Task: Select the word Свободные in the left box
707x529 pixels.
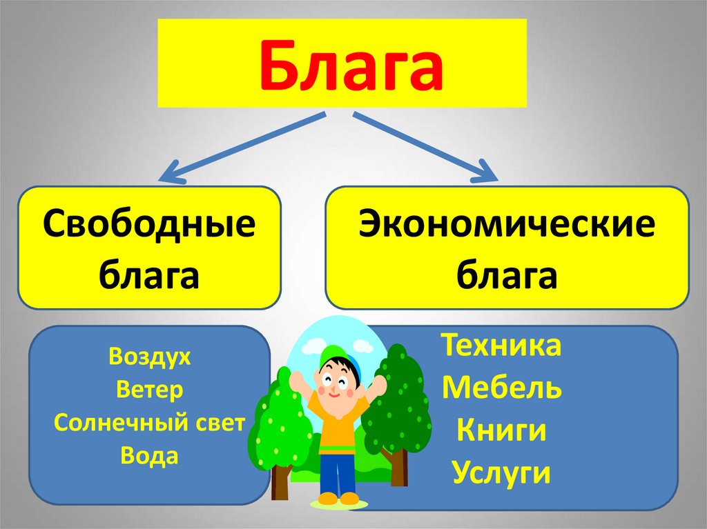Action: pos(149,226)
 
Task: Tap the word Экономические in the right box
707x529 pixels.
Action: pos(507,226)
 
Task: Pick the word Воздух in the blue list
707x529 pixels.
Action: pos(149,359)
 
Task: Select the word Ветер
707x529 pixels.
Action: pos(149,390)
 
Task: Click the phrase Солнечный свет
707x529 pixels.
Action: pos(149,423)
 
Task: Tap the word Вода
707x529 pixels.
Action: pos(149,455)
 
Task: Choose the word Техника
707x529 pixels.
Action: pos(502,346)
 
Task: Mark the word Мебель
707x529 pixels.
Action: pos(502,388)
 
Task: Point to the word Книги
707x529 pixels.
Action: pos(502,431)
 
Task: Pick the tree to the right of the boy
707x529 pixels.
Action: pos(397,407)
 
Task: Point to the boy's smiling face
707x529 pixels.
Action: pos(340,382)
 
